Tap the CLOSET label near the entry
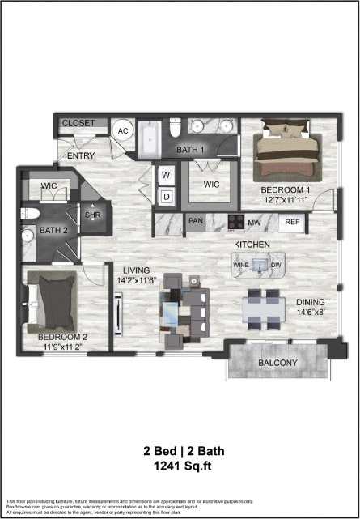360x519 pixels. [79, 123]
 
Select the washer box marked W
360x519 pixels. [166, 175]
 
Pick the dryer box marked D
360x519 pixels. [166, 196]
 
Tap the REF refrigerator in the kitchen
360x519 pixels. [292, 222]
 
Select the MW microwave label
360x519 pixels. [253, 222]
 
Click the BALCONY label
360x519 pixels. [277, 363]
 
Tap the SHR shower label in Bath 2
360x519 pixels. [92, 215]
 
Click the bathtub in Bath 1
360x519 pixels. [150, 141]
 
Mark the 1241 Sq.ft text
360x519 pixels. [180, 466]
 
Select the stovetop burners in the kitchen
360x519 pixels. [235, 222]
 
